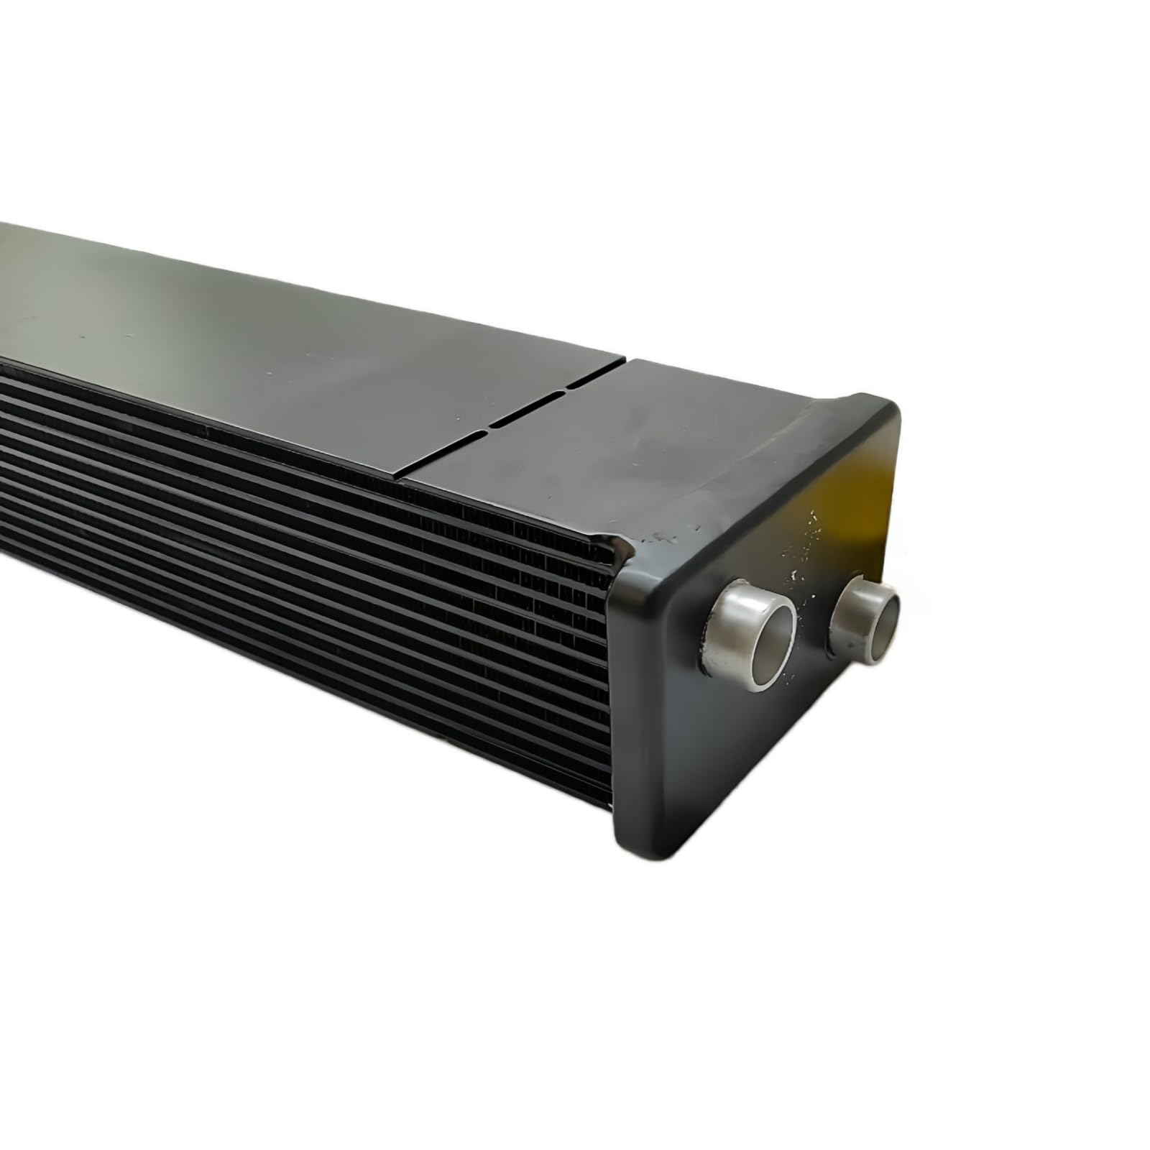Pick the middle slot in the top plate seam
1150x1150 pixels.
[528, 410]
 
